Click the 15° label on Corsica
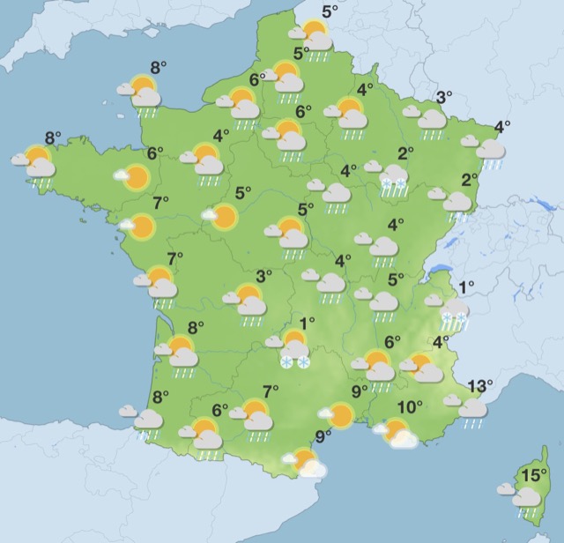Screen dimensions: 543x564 pyautogui.click(x=531, y=476)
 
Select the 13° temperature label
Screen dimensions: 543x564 pyautogui.click(x=480, y=386)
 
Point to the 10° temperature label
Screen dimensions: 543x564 pyautogui.click(x=409, y=407)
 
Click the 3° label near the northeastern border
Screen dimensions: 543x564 pyautogui.click(x=444, y=97)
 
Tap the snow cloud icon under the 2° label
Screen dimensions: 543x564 pyautogui.click(x=393, y=179)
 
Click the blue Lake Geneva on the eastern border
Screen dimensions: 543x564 pyautogui.click(x=449, y=244)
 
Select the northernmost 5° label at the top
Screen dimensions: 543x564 pyautogui.click(x=330, y=11)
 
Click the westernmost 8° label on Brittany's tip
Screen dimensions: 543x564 pyautogui.click(x=53, y=138)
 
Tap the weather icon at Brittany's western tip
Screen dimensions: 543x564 pyautogui.click(x=37, y=164)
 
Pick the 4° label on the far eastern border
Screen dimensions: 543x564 pyautogui.click(x=502, y=126)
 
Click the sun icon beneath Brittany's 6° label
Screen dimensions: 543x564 pyautogui.click(x=135, y=177)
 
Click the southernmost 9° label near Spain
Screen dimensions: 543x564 pyautogui.click(x=323, y=435)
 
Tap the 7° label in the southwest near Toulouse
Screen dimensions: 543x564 pyautogui.click(x=271, y=391)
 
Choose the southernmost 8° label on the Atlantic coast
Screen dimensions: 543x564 pyautogui.click(x=160, y=397)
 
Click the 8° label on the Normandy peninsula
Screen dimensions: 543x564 pyautogui.click(x=159, y=67)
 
